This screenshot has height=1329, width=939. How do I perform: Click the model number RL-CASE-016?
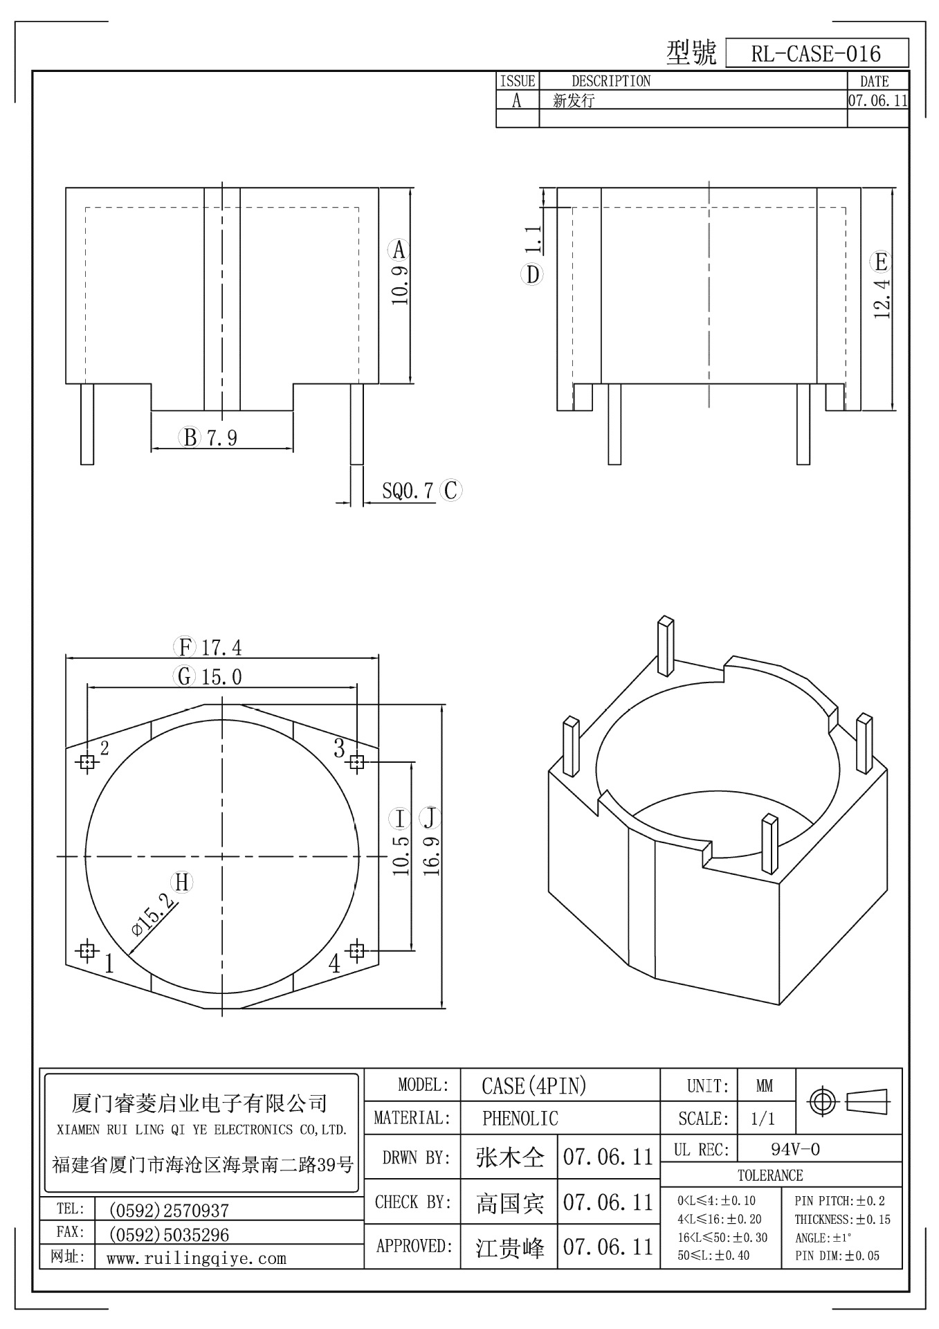[816, 54]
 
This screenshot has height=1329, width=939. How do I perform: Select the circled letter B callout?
[189, 437]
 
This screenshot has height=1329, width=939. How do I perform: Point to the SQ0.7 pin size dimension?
[408, 491]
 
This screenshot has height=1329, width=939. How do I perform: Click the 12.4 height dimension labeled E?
[882, 296]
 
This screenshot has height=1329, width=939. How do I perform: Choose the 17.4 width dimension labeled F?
[221, 648]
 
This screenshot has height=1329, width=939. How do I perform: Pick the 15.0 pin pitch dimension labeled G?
[221, 677]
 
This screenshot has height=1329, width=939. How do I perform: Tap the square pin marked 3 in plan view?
[356, 762]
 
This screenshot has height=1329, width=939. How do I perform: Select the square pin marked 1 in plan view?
[87, 950]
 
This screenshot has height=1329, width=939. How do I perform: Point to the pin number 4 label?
[335, 963]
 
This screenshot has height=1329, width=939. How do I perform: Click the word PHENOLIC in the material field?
[520, 1118]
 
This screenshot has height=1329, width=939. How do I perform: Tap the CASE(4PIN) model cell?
[534, 1085]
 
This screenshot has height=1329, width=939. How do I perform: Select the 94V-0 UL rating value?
[795, 1150]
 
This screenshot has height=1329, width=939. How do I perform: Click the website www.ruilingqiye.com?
[197, 1258]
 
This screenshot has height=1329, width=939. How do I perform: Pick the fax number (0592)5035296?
[169, 1235]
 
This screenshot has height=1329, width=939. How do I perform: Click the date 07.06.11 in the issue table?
[877, 100]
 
